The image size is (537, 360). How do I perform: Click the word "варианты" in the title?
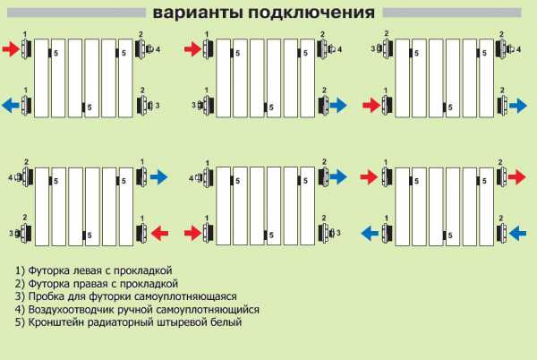198,13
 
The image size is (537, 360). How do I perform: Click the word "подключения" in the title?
311,13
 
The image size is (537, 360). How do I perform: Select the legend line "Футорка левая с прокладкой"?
93,270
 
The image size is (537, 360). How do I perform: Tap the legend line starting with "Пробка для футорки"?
125,296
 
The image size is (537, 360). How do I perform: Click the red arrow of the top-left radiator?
11,49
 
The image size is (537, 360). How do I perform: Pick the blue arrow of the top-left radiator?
11,105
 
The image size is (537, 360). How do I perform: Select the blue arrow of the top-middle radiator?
338,105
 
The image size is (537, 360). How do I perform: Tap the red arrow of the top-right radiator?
371,105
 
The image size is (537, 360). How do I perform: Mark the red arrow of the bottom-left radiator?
159,233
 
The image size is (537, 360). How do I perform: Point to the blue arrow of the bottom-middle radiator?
338,177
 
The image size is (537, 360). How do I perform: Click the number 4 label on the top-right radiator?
519,49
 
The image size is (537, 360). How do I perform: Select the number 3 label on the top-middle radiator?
194,105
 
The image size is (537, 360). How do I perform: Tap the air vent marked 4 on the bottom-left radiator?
19,177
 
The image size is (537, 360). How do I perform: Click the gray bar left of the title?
76,13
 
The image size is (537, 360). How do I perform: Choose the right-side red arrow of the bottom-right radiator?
516,177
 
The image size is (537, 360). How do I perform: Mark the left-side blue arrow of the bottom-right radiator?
370,233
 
